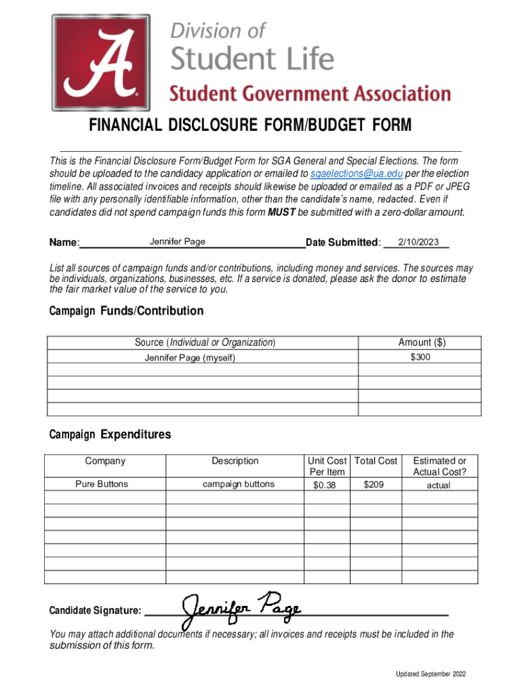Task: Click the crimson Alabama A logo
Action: click(101, 62)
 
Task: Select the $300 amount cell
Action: click(420, 357)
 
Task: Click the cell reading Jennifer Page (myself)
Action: click(190, 358)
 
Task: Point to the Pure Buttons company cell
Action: click(101, 484)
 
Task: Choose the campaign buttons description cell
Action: click(239, 484)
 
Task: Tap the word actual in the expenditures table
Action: click(438, 485)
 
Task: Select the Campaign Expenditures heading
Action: click(110, 434)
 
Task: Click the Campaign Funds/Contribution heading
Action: click(126, 311)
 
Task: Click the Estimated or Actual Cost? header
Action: click(439, 466)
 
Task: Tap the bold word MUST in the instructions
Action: click(281, 212)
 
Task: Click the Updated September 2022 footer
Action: click(431, 674)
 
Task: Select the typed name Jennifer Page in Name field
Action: click(178, 242)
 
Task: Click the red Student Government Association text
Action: click(310, 93)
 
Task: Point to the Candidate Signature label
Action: click(96, 611)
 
